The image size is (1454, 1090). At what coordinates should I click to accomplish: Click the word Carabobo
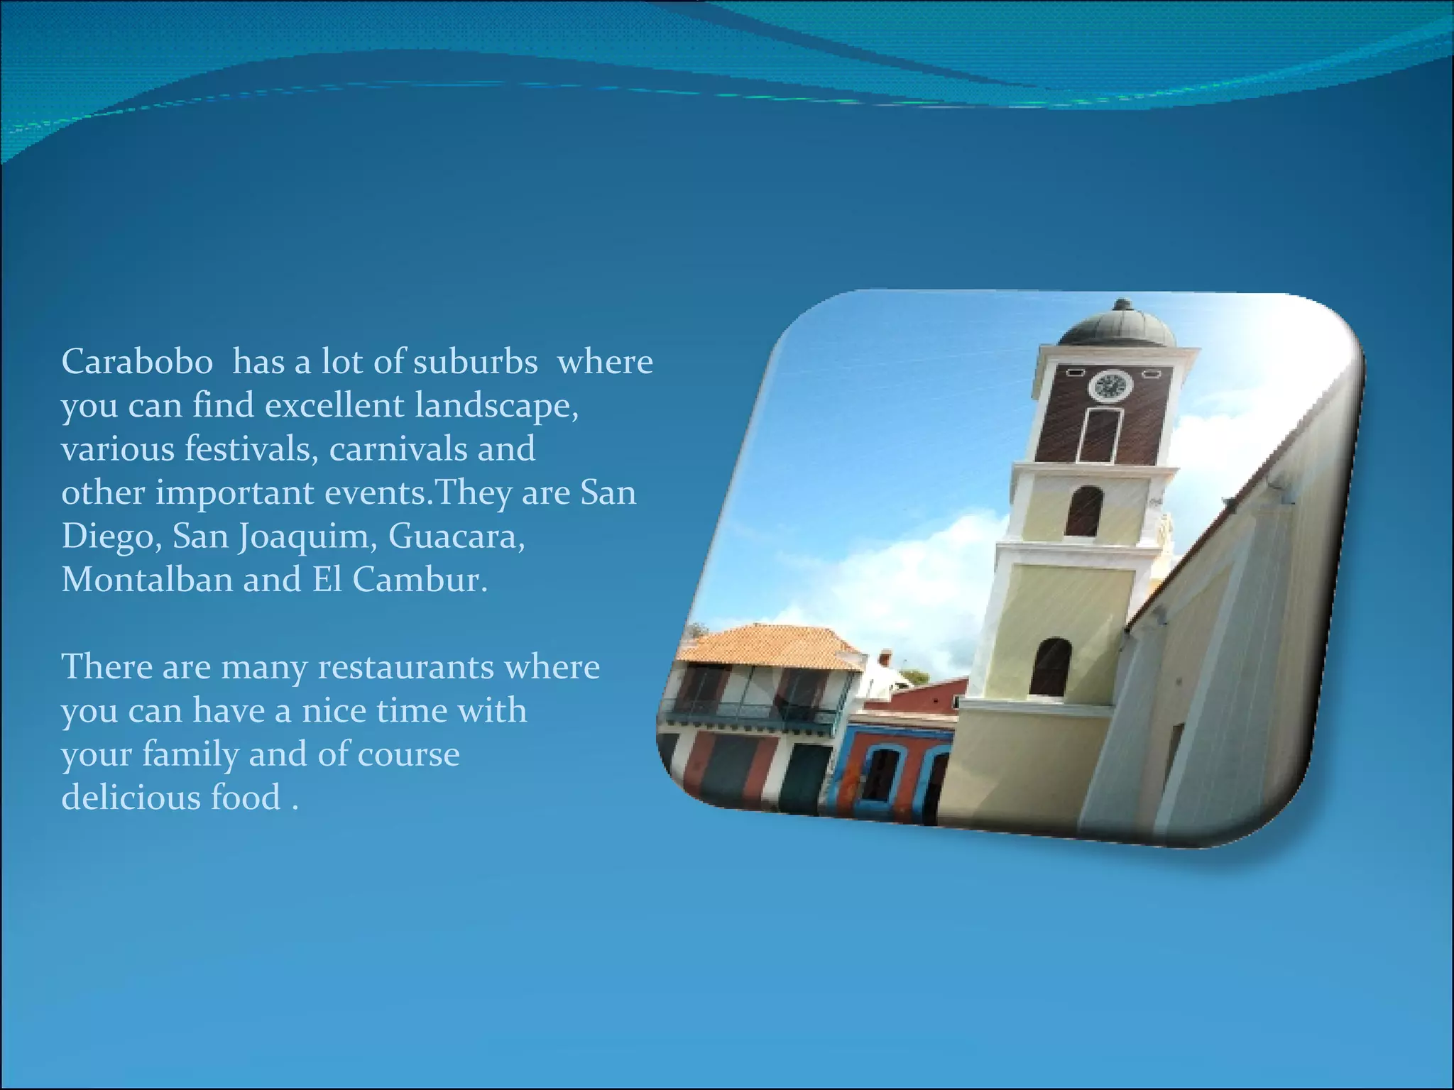pos(137,362)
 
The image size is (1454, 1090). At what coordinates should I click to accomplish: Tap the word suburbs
pos(475,362)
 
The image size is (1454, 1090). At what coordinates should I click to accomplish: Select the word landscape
pos(496,406)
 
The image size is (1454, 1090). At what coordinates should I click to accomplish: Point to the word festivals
pos(251,449)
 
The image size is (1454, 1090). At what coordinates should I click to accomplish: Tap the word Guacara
pos(457,536)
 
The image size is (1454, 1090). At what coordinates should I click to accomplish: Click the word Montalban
pos(147,580)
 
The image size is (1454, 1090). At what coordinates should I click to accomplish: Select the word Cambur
pos(420,580)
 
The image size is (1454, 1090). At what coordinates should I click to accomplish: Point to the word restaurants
pos(405,667)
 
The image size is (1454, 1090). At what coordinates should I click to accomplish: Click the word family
pos(190,754)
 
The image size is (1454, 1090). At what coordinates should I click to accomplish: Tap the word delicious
pos(131,798)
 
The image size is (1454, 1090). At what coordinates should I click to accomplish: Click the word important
pos(234,493)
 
